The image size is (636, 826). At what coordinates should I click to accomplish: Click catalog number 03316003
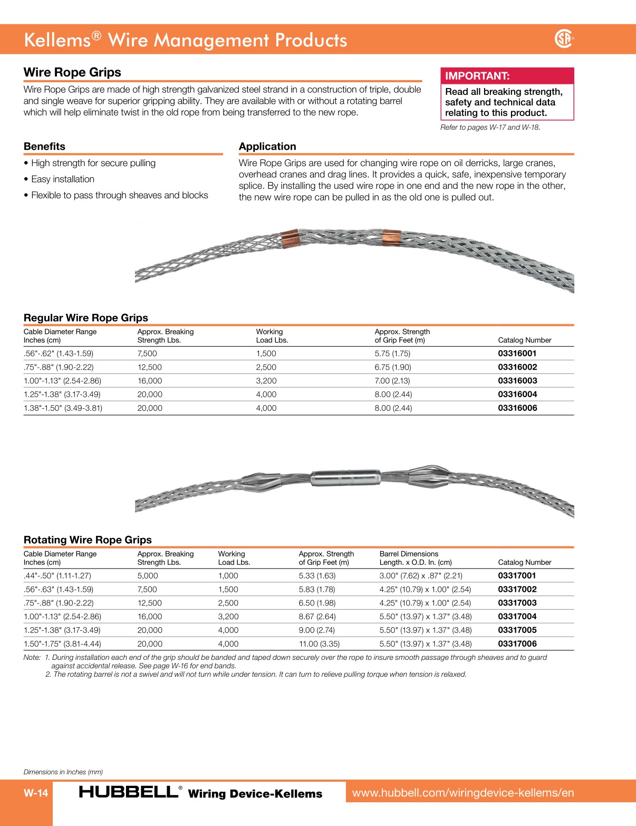tap(517, 381)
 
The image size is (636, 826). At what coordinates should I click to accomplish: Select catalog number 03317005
tap(517, 630)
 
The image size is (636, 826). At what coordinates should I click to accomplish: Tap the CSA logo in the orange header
tap(564, 39)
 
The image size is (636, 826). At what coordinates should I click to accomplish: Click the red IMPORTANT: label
tap(477, 76)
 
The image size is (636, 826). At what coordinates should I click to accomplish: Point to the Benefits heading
tap(45, 147)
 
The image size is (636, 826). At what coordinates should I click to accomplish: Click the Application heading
tap(267, 147)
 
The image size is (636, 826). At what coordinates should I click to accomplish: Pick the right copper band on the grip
tap(391, 237)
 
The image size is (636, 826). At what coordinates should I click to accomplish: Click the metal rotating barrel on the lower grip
tap(346, 478)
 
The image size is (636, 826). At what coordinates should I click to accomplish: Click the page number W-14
tap(36, 793)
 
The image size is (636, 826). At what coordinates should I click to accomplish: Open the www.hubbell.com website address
tap(463, 793)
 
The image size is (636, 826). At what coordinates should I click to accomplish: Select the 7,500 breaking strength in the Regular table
tap(147, 354)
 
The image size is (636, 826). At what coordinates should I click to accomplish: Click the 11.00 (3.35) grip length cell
tap(319, 644)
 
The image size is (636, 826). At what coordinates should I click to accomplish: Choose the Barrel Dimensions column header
tap(409, 554)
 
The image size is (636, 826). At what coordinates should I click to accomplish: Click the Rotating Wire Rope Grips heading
tap(88, 540)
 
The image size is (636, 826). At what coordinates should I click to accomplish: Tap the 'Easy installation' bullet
tap(62, 179)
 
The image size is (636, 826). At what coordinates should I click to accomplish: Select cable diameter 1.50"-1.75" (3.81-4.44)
tap(62, 644)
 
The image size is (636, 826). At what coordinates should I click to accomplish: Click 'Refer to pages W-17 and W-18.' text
tap(490, 128)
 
